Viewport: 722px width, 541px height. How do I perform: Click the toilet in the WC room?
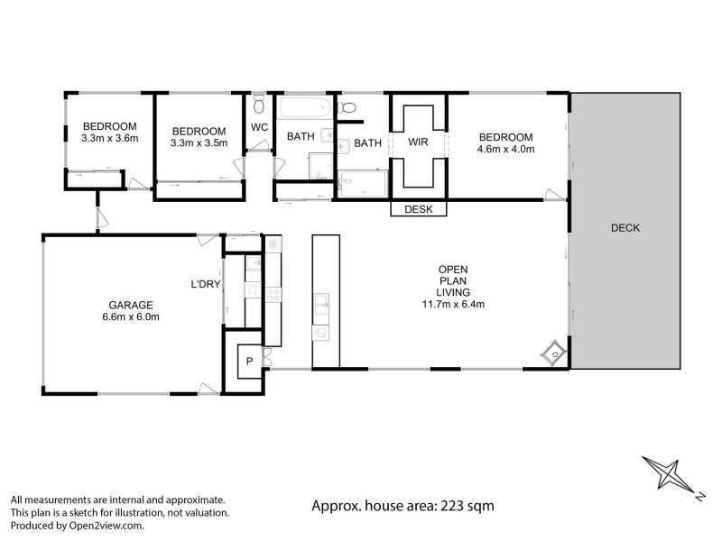[259, 102]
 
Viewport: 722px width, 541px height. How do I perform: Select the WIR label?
[418, 142]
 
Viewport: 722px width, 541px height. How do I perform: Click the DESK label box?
[418, 209]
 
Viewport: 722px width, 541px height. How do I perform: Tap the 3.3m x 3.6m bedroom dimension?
[109, 139]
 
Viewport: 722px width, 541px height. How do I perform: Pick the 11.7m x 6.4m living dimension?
[453, 304]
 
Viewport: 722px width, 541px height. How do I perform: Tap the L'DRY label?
[205, 285]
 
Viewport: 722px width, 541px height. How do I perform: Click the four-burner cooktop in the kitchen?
[273, 292]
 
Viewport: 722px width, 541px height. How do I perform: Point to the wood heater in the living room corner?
[551, 354]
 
